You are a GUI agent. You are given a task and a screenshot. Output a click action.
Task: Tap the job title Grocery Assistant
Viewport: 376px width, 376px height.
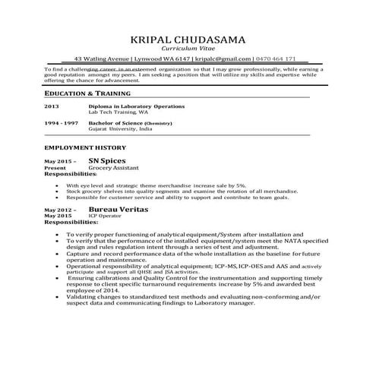pos(113,169)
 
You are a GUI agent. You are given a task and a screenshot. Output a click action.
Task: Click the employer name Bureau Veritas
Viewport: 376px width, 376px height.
pos(118,208)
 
